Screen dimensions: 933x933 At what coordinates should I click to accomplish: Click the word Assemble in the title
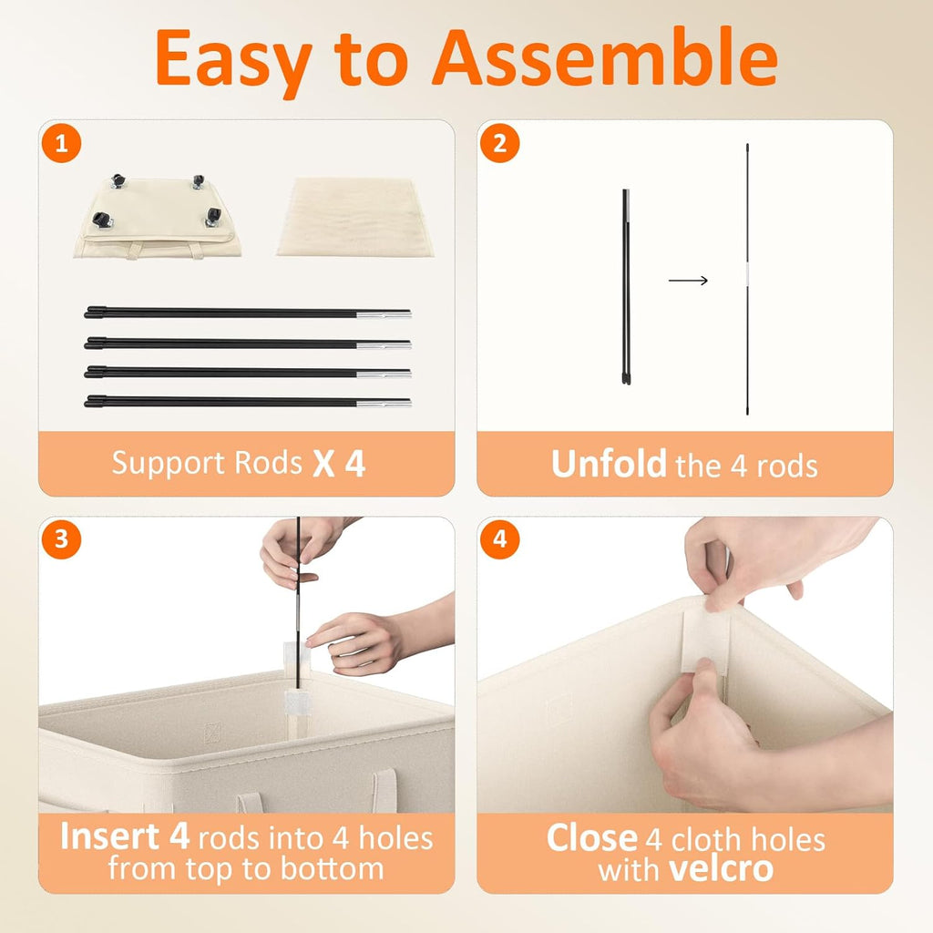[x=605, y=57]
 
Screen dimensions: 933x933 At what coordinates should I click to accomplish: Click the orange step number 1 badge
[x=61, y=143]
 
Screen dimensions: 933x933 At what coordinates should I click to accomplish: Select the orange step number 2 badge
[x=500, y=143]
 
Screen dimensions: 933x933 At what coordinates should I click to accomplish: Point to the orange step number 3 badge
[x=61, y=539]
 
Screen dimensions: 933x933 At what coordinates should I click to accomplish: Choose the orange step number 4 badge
[x=500, y=539]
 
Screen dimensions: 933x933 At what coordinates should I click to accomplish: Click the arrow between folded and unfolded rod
[x=688, y=281]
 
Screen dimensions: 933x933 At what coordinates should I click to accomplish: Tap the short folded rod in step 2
[x=626, y=287]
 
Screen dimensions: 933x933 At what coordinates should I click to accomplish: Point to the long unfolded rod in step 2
[x=747, y=279]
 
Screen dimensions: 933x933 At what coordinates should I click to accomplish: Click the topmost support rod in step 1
[x=248, y=313]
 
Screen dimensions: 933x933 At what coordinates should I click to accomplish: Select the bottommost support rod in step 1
[x=248, y=402]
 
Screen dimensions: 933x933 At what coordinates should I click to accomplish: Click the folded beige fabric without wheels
[x=355, y=217]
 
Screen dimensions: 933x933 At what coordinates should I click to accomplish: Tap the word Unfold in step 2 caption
[x=608, y=464]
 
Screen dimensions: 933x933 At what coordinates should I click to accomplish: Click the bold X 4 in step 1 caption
[x=339, y=464]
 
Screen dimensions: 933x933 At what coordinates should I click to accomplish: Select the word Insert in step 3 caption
[x=109, y=836]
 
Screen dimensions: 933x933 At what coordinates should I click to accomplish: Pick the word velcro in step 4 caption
[x=721, y=869]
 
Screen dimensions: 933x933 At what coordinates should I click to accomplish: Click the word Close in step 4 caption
[x=592, y=838]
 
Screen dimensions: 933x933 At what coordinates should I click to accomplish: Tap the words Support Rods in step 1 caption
[x=207, y=463]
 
